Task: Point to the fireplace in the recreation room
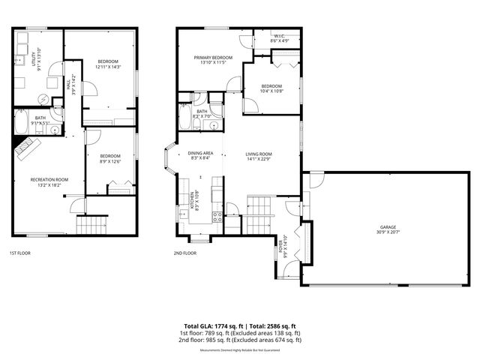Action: (x=28, y=145)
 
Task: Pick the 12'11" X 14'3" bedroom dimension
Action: (x=108, y=67)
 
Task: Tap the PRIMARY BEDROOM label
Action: (x=213, y=58)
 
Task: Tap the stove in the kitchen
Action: (x=217, y=217)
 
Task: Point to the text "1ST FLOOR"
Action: (x=19, y=253)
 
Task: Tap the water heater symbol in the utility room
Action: (x=43, y=98)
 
